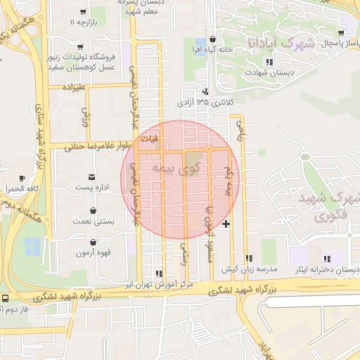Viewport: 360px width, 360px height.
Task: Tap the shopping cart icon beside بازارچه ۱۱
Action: pos(84,13)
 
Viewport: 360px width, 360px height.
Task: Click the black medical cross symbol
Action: pos(226,224)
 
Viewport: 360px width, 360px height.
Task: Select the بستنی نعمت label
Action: pos(94,221)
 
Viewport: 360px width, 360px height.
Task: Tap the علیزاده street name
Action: pos(73,88)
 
